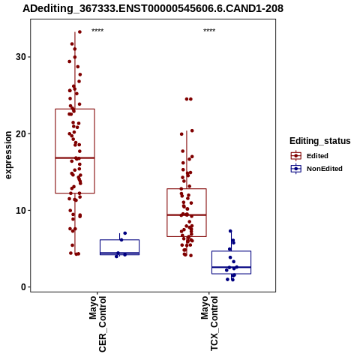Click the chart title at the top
[x=153, y=8]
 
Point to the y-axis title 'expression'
[x=8, y=155]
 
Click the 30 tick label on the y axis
[x=21, y=57]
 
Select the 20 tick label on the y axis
[x=21, y=133]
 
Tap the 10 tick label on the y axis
[x=21, y=211]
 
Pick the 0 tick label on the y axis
[x=23, y=287]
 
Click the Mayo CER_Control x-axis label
[x=97, y=324]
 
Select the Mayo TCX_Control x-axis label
[x=209, y=323]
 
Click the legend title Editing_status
[x=320, y=141]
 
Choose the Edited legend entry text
[x=317, y=156]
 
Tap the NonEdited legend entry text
[x=325, y=169]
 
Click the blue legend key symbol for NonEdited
[x=296, y=169]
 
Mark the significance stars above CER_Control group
[x=97, y=31]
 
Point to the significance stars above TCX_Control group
[x=209, y=31]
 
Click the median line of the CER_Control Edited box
[x=75, y=158]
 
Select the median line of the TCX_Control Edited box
[x=187, y=215]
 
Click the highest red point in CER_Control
[x=79, y=31]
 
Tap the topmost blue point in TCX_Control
[x=230, y=231]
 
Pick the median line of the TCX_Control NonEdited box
[x=232, y=267]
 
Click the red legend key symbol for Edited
[x=296, y=156]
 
